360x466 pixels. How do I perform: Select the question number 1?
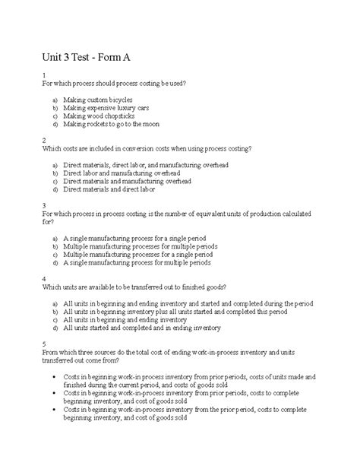(46, 74)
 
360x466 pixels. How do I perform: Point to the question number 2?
(46, 140)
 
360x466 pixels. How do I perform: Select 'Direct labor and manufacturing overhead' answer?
(127, 173)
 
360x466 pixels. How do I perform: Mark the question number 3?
(46, 205)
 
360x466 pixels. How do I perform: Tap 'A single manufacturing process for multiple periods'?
(137, 263)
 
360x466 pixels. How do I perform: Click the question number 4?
(46, 279)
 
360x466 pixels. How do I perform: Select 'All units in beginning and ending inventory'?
(134, 320)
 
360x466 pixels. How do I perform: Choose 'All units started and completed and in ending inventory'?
(153, 328)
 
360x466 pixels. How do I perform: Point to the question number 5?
(46, 344)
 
